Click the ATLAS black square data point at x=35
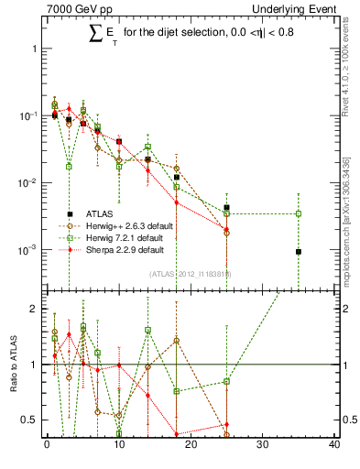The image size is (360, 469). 299,252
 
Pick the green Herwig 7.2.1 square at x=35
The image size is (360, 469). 299,213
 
